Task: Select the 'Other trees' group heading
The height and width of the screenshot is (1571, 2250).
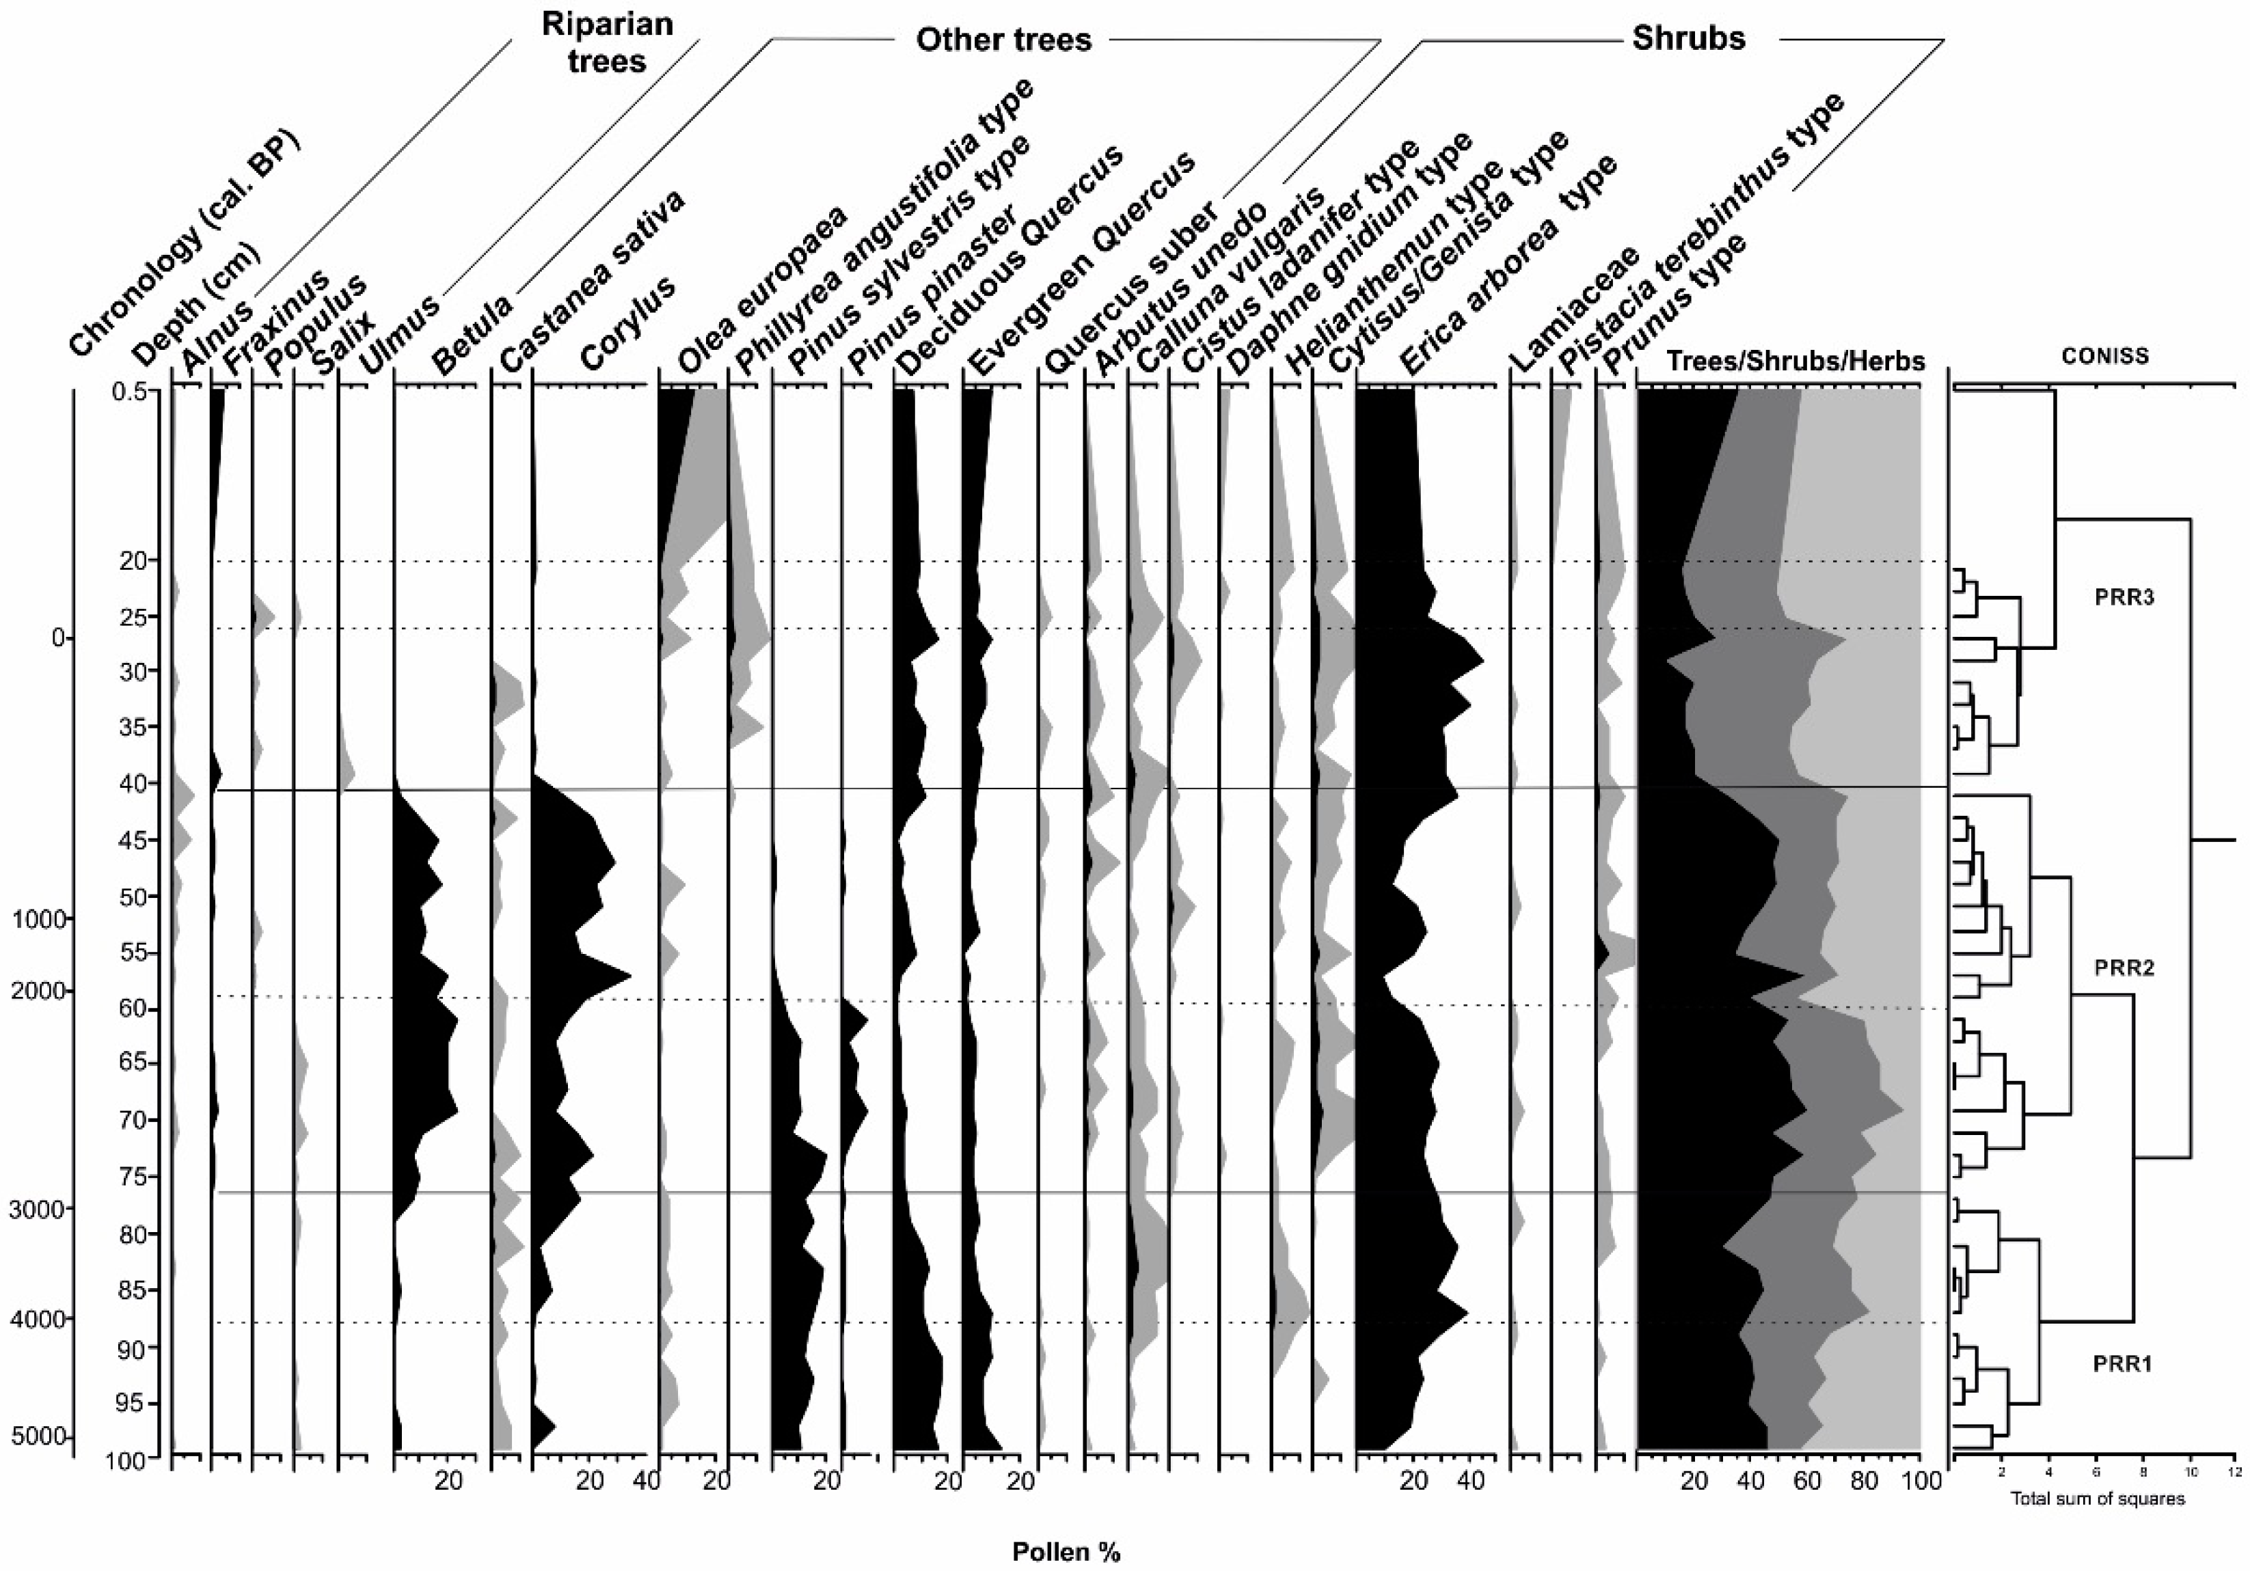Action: (x=1003, y=39)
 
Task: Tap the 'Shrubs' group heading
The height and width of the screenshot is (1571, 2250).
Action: (x=1687, y=37)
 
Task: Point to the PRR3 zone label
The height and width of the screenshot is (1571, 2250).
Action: (x=2124, y=597)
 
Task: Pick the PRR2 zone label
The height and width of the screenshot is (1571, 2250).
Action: (x=2124, y=968)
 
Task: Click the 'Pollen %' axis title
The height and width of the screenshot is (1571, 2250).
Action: (x=1066, y=1551)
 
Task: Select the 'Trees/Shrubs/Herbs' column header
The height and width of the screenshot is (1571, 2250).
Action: (x=1795, y=361)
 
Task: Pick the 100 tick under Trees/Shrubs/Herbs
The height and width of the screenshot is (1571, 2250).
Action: (x=1921, y=1481)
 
